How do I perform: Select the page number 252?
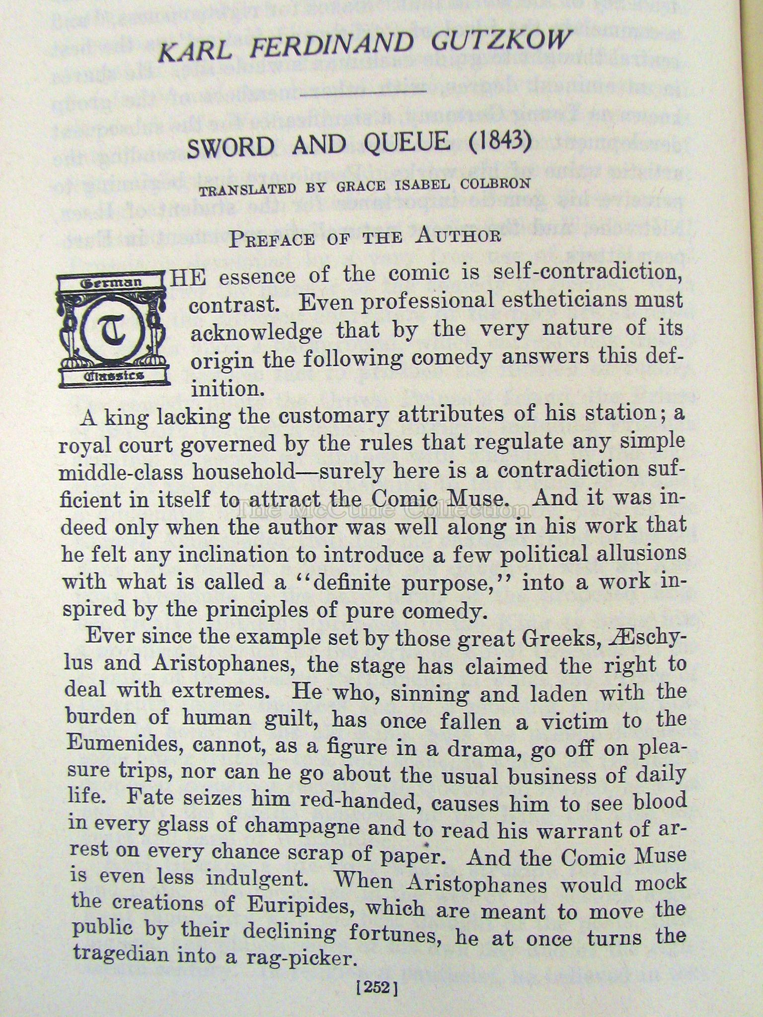378,988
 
